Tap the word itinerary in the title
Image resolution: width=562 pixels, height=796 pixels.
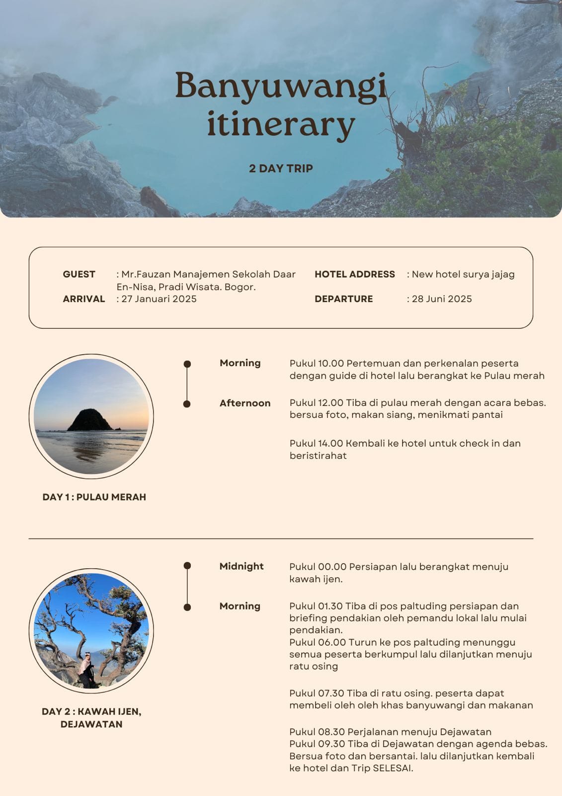281,124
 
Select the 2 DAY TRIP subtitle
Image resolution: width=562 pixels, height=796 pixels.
281,168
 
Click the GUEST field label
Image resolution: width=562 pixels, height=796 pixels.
79,274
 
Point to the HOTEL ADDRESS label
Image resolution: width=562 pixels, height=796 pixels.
355,274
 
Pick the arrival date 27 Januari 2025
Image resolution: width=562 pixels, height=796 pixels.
159,299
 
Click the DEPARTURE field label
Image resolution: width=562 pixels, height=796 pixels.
343,299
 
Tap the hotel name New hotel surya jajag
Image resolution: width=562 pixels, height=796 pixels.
463,274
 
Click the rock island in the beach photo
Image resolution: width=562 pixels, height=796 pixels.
90,420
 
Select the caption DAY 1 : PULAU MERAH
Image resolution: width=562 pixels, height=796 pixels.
94,497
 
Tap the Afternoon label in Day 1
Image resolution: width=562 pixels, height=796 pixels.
245,403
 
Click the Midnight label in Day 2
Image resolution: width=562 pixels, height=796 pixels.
241,566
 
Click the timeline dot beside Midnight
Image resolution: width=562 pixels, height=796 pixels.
187,566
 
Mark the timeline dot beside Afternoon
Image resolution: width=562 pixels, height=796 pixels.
187,404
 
